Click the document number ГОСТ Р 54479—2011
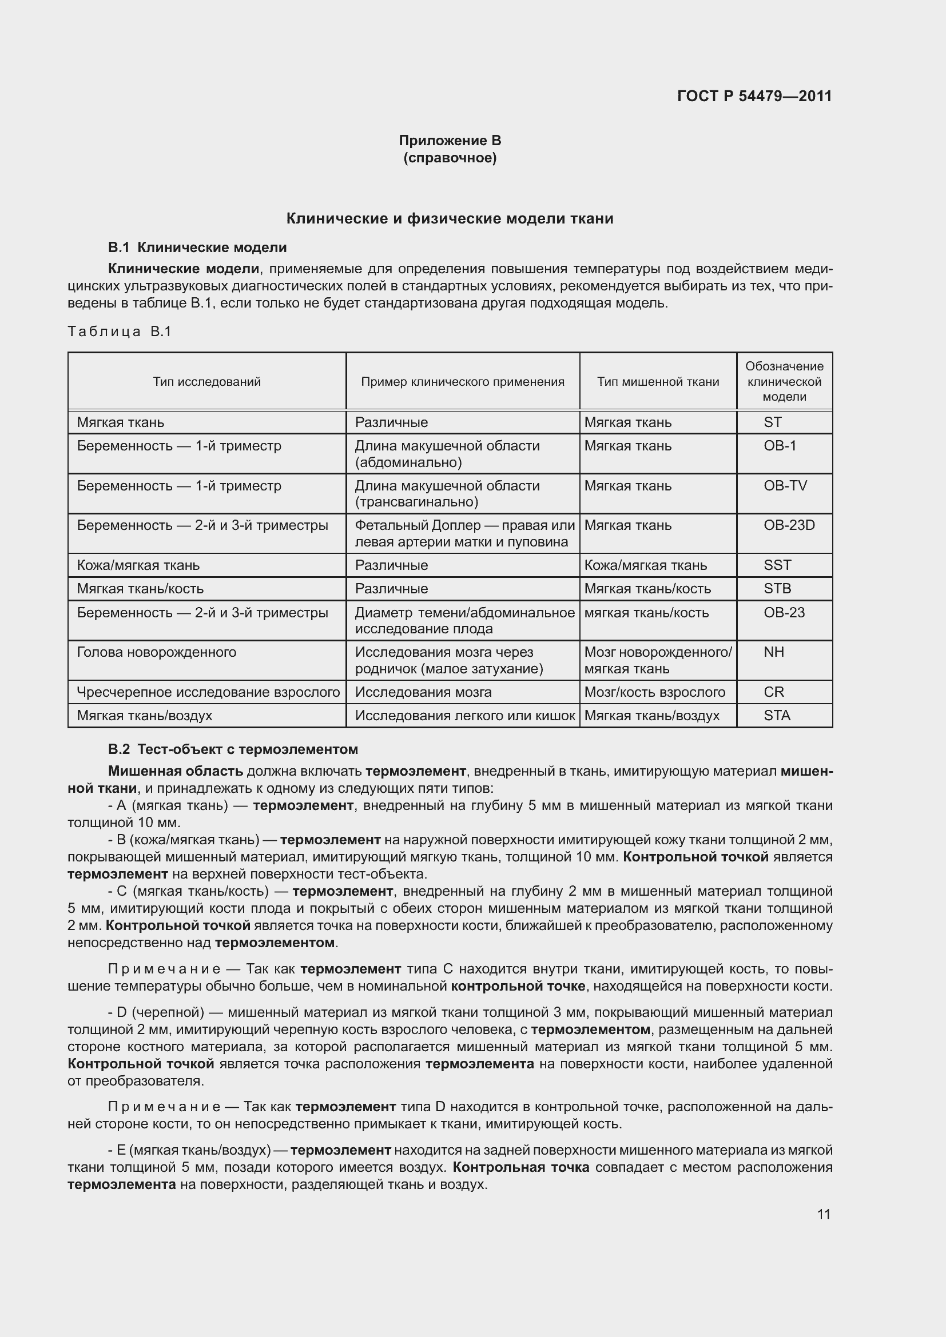pos(754,96)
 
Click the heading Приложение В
pos(450,141)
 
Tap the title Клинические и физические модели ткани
pos(450,219)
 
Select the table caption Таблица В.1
pos(120,332)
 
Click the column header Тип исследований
pos(207,381)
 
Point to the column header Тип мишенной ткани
pos(658,381)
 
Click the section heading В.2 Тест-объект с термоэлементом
pos(233,749)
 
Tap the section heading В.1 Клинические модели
pos(197,248)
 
